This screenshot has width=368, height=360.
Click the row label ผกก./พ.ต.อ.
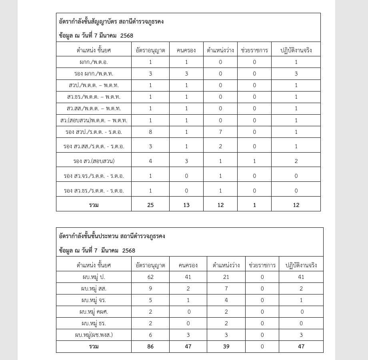click(94, 62)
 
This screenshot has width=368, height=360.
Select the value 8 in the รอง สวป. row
click(150, 132)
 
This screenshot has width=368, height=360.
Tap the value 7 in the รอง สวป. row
click(220, 132)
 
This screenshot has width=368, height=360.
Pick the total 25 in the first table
click(150, 205)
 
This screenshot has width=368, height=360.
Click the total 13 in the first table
click(186, 205)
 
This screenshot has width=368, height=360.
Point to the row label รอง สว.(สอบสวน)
click(94, 161)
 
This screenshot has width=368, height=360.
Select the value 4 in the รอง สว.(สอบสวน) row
click(150, 161)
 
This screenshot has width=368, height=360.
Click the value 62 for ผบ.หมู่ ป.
click(150, 277)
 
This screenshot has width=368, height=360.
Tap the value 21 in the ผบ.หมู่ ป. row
click(226, 277)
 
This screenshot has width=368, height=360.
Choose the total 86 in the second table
click(150, 346)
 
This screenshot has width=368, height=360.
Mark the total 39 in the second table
click(226, 346)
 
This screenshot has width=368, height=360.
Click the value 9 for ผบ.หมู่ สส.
click(150, 288)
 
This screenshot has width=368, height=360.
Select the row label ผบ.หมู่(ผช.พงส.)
click(94, 335)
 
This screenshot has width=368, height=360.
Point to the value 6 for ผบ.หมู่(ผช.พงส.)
click(150, 335)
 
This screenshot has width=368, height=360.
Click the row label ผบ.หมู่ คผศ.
click(94, 312)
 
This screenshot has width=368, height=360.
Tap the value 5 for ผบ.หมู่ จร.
click(150, 300)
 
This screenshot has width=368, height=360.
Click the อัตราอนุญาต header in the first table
click(150, 50)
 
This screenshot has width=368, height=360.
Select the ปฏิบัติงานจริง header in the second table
click(301, 265)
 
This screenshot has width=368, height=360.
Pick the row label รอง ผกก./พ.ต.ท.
click(94, 74)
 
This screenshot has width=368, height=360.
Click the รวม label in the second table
click(94, 346)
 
